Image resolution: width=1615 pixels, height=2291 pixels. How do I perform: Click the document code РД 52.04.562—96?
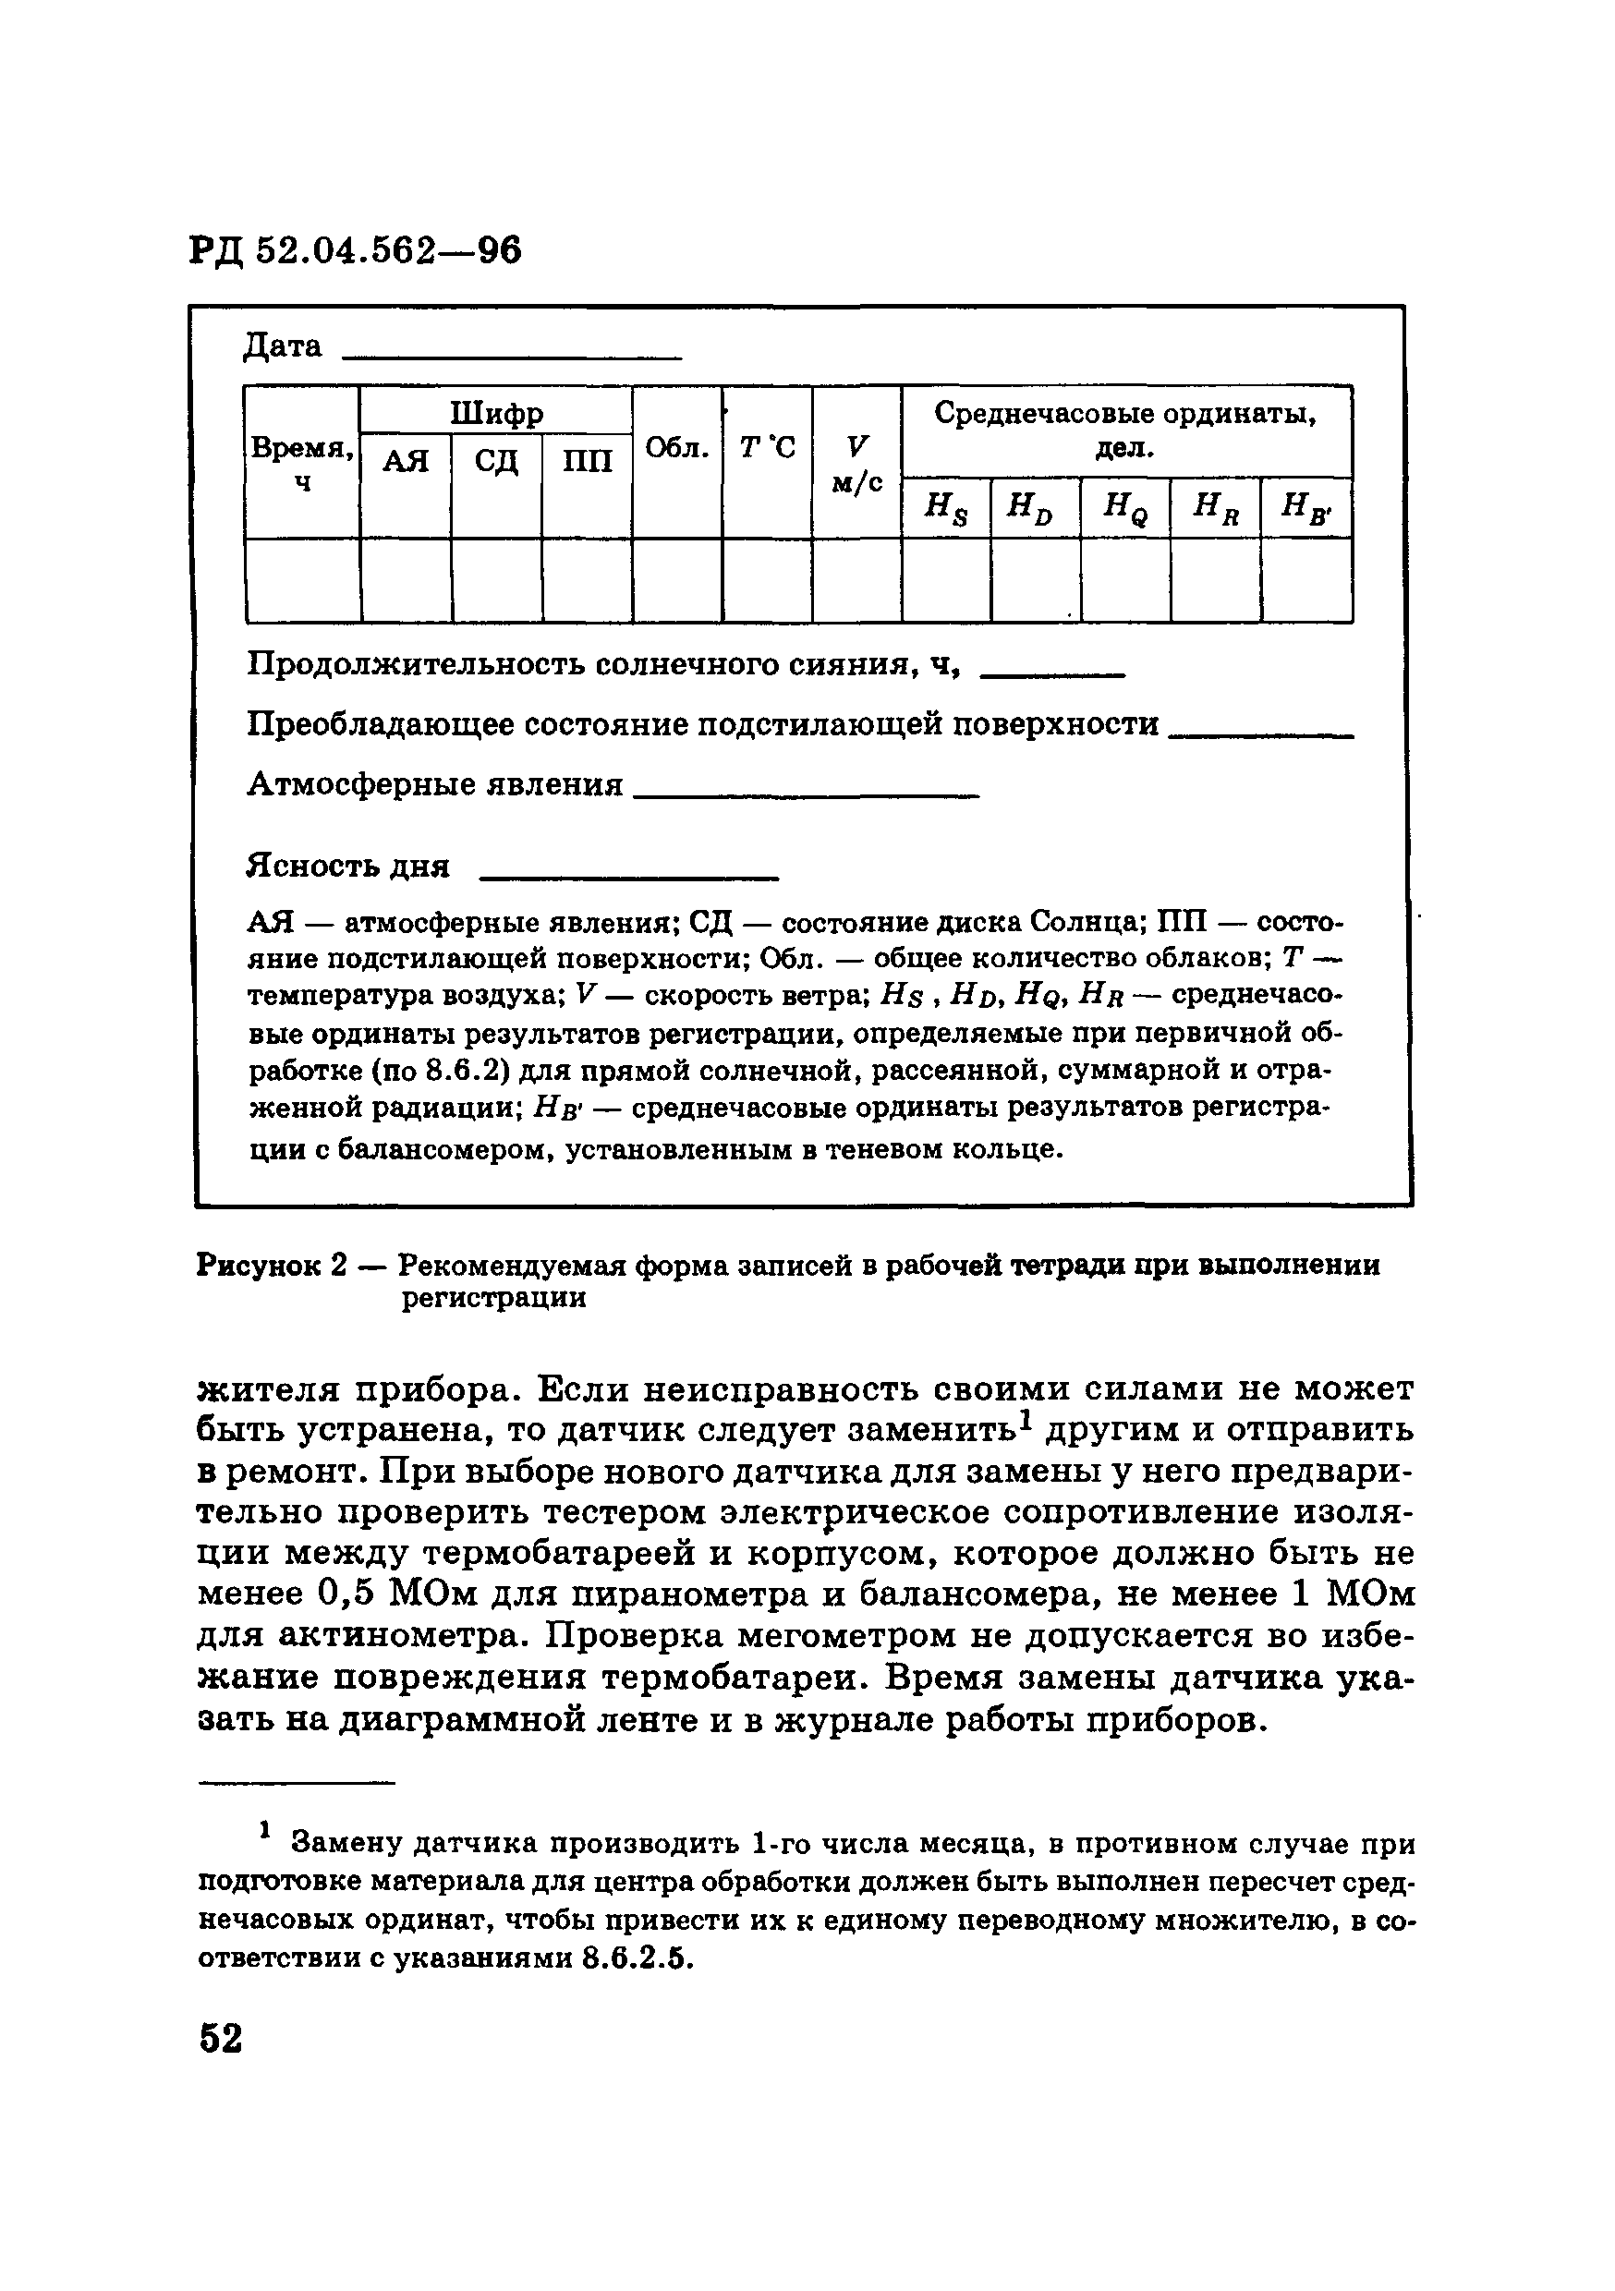click(x=357, y=251)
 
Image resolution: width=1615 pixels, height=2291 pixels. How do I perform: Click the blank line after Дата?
click(x=511, y=356)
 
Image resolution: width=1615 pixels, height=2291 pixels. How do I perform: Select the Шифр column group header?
click(x=496, y=411)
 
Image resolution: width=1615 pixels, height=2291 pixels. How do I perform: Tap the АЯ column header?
click(x=407, y=461)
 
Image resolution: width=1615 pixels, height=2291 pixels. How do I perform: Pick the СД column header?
click(x=496, y=461)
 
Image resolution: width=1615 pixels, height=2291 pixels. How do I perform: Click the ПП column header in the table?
click(x=587, y=461)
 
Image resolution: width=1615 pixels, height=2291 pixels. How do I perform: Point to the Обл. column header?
click(x=676, y=449)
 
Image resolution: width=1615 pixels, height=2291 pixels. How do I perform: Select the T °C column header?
click(x=767, y=449)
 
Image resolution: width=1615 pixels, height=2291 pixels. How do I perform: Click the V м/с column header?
click(x=856, y=463)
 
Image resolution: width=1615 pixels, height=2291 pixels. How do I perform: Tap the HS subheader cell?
click(x=945, y=509)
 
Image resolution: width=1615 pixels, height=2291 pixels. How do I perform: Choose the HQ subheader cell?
click(x=1125, y=509)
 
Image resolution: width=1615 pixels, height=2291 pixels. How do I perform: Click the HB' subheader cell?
click(x=1305, y=509)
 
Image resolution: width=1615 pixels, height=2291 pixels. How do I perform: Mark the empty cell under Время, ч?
click(x=302, y=581)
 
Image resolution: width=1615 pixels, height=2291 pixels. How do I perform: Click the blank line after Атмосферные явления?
click(x=807, y=794)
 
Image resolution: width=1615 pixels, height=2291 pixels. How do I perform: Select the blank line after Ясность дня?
click(x=629, y=876)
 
